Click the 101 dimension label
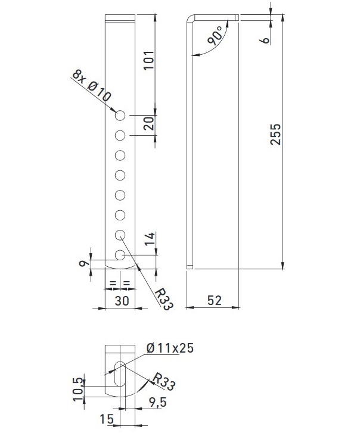(149, 60)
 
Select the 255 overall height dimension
(275, 134)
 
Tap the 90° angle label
(216, 36)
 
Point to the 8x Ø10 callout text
(91, 86)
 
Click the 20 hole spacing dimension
(148, 123)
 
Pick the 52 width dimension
(215, 300)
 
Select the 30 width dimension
(122, 300)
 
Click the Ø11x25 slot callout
(170, 348)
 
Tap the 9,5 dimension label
(158, 403)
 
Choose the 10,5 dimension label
(78, 389)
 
